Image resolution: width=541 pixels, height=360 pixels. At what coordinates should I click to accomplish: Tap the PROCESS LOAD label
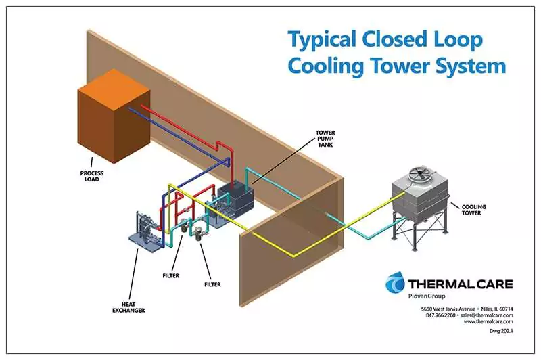[92, 176]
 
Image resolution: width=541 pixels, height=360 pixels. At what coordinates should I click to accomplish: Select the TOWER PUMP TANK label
[325, 139]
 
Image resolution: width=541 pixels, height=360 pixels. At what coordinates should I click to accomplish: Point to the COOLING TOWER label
[473, 210]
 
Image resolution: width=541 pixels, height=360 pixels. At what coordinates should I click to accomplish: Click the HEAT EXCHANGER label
[128, 307]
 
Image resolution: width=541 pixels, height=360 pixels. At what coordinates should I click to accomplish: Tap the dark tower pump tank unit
[235, 200]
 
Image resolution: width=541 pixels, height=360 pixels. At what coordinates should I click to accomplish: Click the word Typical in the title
[323, 39]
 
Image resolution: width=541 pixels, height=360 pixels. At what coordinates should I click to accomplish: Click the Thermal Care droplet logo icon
[395, 282]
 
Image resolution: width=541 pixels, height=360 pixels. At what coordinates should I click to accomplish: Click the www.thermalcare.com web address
[488, 321]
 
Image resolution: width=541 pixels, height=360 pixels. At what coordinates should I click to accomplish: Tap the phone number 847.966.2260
[441, 315]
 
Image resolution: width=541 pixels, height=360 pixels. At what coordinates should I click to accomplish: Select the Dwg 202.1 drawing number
[501, 331]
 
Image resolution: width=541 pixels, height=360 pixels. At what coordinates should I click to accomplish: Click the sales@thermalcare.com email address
[487, 315]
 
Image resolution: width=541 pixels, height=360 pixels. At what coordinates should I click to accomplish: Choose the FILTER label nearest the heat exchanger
[171, 276]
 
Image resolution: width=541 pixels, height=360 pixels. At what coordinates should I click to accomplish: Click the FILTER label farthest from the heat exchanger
[212, 284]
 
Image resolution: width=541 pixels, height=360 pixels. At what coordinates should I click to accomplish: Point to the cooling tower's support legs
[420, 233]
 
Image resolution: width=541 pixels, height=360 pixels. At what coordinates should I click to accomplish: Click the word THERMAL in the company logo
[439, 284]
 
